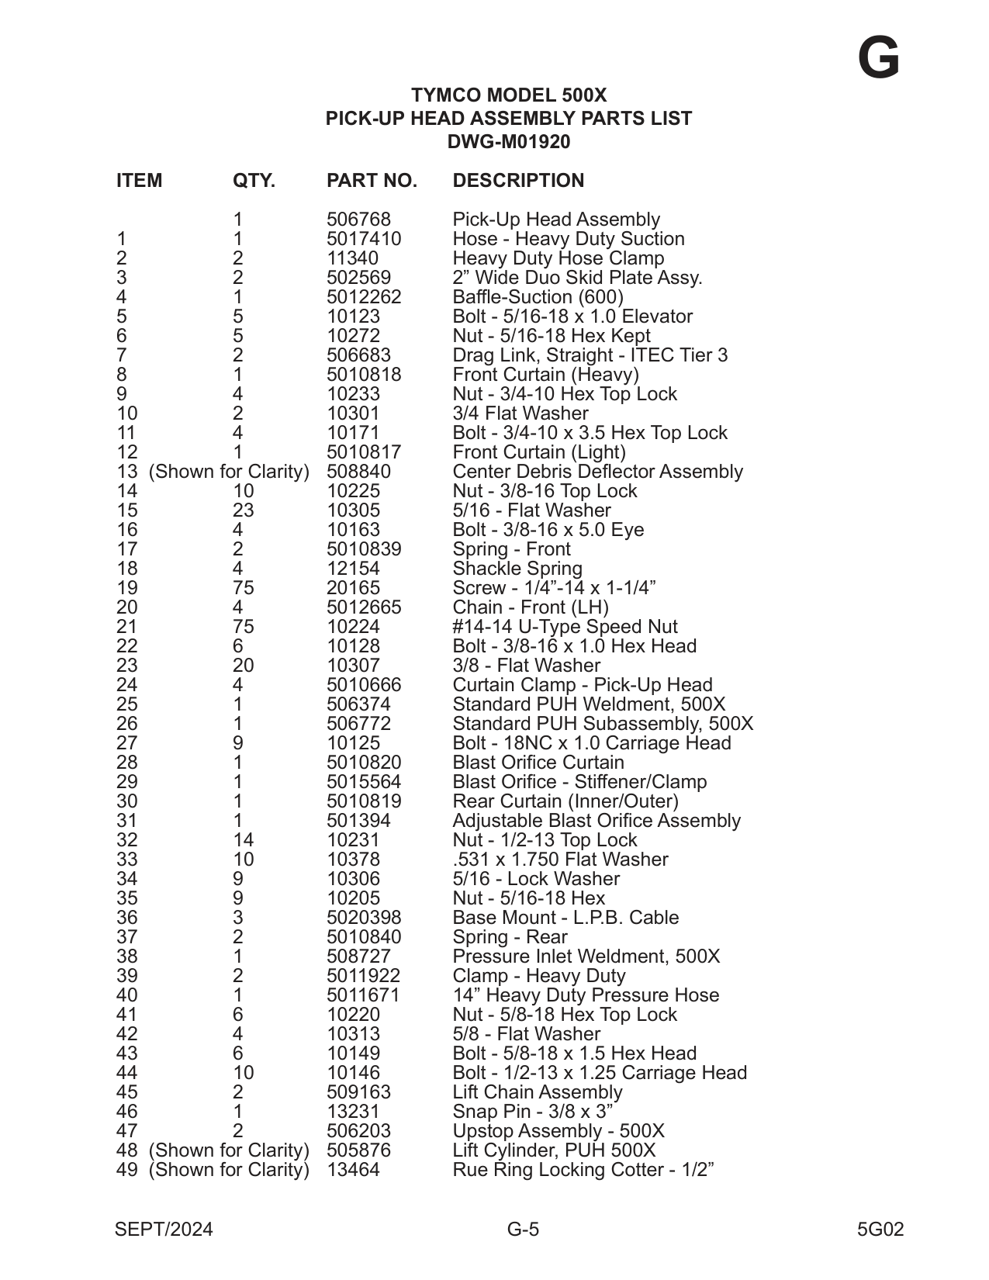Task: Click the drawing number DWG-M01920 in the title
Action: [509, 142]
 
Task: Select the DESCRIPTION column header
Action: [518, 181]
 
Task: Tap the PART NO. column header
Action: [372, 181]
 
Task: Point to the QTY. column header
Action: [254, 181]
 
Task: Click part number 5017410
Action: [364, 239]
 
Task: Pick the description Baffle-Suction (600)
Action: [538, 297]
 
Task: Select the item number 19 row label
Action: [126, 588]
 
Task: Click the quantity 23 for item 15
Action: [243, 510]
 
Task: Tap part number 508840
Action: [358, 472]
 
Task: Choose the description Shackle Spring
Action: [517, 569]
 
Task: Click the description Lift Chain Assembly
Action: [538, 1092]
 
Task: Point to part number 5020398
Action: [364, 918]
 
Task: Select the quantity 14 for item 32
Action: [243, 840]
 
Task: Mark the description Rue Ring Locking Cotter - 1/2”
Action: [583, 1170]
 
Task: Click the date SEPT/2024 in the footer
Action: [164, 1230]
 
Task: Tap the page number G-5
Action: [523, 1230]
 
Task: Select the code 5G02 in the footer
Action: [880, 1230]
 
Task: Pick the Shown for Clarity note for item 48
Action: [229, 1150]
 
